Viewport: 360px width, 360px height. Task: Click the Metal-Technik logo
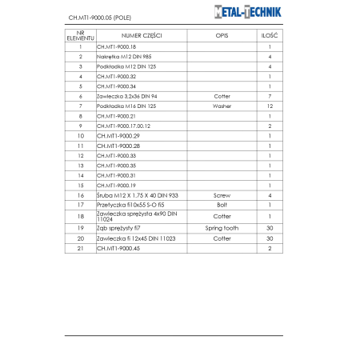(258, 13)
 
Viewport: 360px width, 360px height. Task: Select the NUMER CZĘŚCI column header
(142, 36)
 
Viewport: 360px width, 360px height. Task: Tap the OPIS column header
(222, 36)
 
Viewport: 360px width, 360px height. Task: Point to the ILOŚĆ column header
(270, 36)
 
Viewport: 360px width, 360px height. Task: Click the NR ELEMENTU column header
(80, 36)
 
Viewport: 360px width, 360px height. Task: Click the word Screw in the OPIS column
(222, 194)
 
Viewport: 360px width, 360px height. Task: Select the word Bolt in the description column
(222, 204)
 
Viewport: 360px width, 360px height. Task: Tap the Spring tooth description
(222, 228)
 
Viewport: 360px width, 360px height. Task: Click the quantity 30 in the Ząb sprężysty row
(270, 228)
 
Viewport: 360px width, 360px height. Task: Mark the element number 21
(80, 249)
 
